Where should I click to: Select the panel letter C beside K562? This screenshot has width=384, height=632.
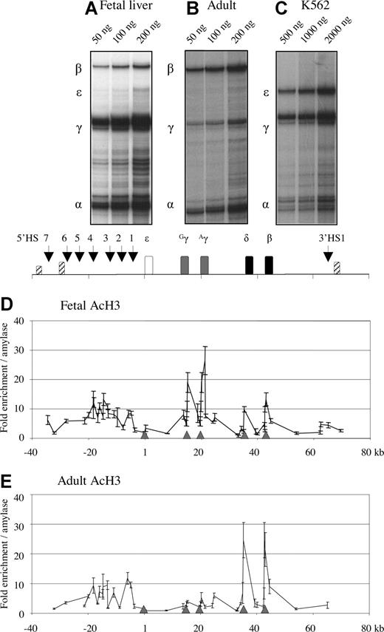pos(281,10)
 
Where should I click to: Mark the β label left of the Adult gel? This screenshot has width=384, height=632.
pos(171,68)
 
